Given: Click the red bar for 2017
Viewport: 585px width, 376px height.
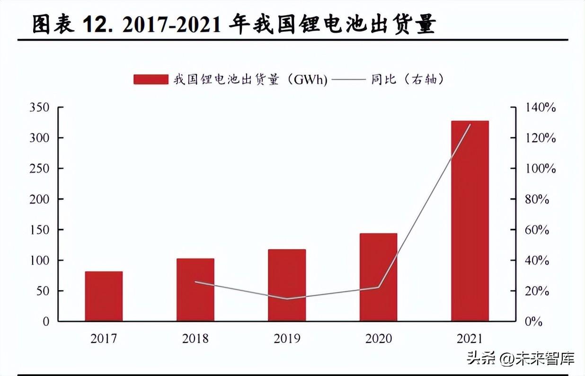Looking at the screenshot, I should click(104, 296).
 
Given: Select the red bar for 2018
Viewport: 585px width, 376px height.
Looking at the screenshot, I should click(195, 289).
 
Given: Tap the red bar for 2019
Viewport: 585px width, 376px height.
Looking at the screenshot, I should click(287, 285).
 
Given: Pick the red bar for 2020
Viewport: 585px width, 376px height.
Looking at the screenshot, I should click(378, 277).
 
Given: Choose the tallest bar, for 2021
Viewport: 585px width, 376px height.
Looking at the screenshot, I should click(470, 221).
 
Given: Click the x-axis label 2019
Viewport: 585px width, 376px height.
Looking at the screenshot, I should click(287, 339).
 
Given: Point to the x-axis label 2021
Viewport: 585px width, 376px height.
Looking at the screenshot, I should click(470, 339).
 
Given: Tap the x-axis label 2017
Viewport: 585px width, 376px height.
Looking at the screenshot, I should click(104, 339).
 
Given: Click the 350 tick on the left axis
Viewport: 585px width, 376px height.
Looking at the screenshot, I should click(39, 107).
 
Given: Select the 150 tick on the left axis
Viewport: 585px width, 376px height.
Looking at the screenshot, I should click(39, 230).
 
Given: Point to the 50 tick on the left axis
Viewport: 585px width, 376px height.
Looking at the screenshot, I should click(43, 291).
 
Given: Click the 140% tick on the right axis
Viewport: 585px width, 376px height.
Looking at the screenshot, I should click(541, 107).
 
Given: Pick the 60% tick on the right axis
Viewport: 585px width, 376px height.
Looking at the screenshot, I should click(537, 230).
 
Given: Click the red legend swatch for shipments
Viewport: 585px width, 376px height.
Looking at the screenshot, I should click(151, 80).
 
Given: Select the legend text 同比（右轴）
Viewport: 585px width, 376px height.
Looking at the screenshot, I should click(407, 80).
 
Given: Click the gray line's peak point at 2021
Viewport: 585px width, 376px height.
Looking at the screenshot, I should click(470, 125).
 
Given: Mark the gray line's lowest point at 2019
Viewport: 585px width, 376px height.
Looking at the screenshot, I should click(287, 299).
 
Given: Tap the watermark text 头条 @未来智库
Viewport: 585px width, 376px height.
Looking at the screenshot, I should click(521, 358).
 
